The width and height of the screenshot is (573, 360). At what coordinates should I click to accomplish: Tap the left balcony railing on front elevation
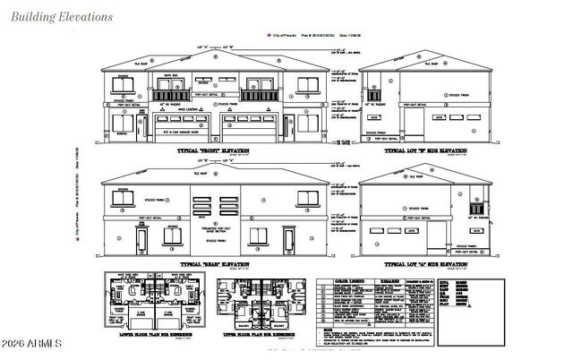169,95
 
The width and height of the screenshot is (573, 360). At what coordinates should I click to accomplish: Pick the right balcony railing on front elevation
261,95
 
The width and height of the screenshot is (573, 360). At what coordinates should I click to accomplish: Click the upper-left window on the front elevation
118,87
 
